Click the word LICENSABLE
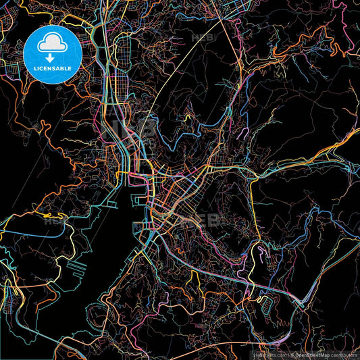[53, 68]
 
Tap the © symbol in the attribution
[292, 355]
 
